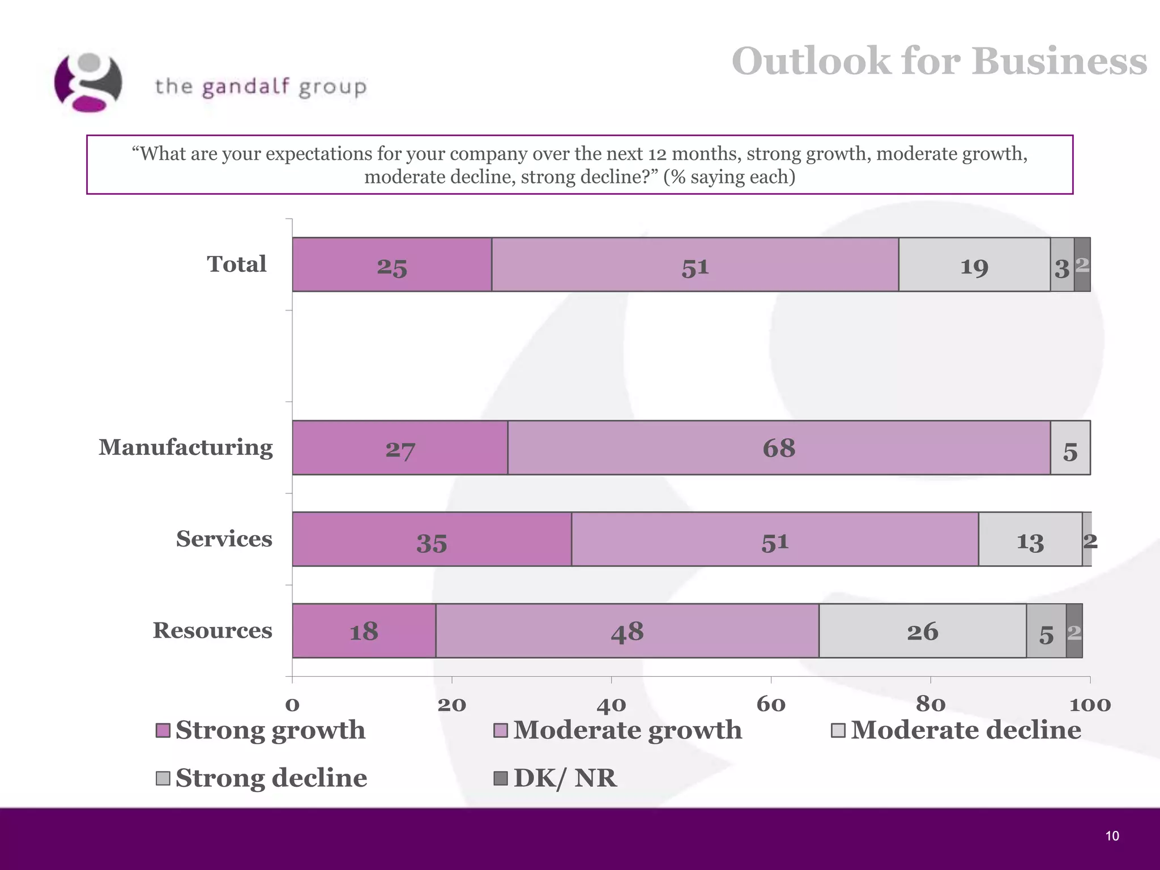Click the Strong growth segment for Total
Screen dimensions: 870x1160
(392, 265)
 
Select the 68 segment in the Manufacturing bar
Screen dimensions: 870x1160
(779, 447)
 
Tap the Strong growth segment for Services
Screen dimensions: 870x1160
(432, 539)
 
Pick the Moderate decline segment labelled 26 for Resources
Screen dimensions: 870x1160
(922, 631)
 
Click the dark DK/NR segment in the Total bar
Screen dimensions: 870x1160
(1082, 265)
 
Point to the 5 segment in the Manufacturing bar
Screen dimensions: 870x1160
(1070, 447)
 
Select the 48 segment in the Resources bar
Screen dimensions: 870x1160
(627, 631)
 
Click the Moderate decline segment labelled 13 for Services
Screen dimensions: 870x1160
(1030, 539)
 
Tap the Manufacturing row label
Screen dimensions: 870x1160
(186, 447)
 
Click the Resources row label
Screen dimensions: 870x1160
(212, 630)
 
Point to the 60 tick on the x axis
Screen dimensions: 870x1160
(771, 704)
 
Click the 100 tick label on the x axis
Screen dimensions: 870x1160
(1090, 704)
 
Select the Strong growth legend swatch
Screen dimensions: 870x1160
(163, 731)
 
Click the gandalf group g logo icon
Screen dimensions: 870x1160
(88, 83)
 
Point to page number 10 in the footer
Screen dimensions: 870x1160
(1112, 836)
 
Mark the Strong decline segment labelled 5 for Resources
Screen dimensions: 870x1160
(1046, 631)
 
